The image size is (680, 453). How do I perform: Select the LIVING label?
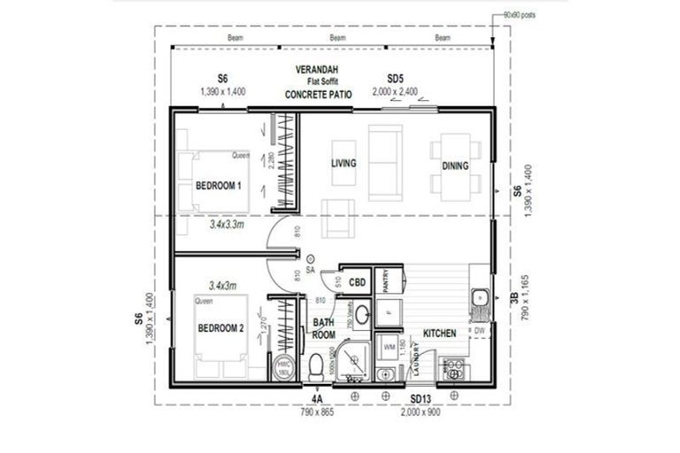coord(344,164)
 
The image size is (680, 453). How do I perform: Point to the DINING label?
coord(455,165)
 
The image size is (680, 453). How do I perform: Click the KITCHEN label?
coord(439,334)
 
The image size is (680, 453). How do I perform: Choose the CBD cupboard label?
coord(358,283)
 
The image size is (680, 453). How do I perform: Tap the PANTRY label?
coord(386,282)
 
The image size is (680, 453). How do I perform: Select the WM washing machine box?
coord(389,348)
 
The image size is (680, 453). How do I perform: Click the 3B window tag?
coord(516,298)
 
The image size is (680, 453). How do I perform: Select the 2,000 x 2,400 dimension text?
coord(397,91)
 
